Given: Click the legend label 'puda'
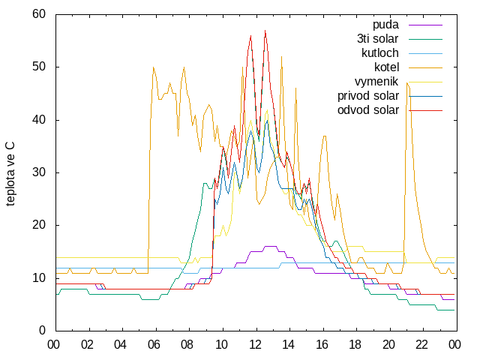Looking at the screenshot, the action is point(385,25).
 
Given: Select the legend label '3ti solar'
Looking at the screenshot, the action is point(377,39).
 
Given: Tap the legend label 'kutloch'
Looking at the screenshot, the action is point(380,53).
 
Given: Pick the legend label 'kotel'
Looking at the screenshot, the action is point(387,67).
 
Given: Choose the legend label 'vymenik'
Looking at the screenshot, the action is point(376,82).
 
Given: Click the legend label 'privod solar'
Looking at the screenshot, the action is point(368,96).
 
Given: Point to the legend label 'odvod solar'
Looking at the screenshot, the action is point(368,110).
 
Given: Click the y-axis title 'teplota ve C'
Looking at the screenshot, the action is point(10,174).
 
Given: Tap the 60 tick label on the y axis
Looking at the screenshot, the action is point(39,13).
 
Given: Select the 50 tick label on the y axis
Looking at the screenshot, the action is point(39,67).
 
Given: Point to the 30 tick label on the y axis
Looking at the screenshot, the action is point(39,172).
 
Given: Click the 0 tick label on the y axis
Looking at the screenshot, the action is point(42,330).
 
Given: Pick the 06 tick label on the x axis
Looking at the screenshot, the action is point(154,345).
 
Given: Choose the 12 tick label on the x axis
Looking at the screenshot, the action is point(254,345).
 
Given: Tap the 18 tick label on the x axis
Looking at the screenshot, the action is point(355,345).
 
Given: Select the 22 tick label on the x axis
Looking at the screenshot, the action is point(421,345).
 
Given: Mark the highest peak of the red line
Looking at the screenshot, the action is point(265,30).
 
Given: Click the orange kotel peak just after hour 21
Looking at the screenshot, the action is point(406,83).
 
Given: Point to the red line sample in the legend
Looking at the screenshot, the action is point(425,110).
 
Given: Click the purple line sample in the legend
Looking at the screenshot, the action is point(425,25).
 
